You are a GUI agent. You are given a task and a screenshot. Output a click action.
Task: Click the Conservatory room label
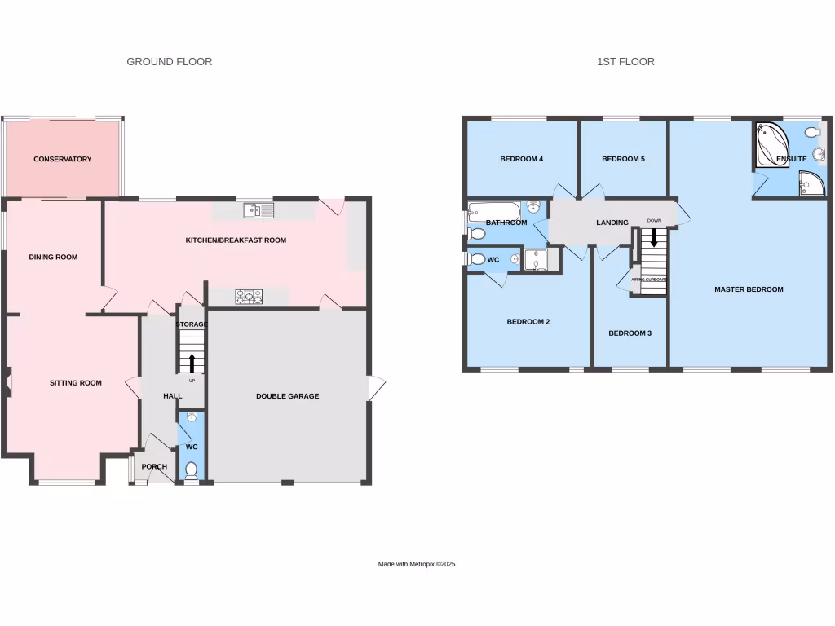(62, 159)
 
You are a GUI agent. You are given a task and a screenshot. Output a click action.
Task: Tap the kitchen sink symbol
(258, 211)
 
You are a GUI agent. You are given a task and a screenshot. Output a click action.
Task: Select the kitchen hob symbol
(250, 298)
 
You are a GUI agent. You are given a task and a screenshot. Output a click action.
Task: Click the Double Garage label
(287, 396)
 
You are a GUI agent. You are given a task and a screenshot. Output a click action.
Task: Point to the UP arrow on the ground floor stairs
(192, 363)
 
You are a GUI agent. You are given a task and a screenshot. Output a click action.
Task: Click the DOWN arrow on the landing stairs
(653, 237)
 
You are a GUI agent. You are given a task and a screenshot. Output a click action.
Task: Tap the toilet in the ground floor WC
(192, 470)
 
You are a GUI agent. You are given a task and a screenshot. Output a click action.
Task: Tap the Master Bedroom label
(749, 289)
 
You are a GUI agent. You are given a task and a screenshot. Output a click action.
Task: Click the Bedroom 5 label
(623, 159)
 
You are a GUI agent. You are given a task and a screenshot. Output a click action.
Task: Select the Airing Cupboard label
(649, 280)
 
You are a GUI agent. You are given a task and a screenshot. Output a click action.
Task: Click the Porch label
(154, 467)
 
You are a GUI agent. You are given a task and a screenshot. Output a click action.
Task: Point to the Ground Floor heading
(169, 62)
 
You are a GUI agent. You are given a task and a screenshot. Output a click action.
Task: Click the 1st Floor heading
(625, 62)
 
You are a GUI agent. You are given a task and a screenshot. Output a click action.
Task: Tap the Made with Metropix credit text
(417, 564)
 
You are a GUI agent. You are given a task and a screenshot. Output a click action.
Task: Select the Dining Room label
(53, 257)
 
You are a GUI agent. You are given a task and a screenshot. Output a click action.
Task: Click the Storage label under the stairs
(192, 324)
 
